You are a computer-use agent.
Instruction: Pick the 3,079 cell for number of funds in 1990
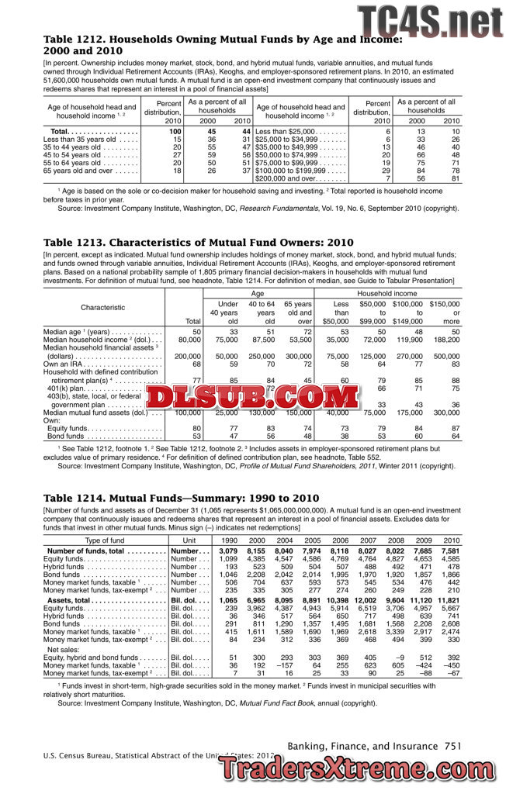[227, 551]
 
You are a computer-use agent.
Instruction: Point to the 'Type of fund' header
[104, 540]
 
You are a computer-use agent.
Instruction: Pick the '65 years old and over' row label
[81, 170]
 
